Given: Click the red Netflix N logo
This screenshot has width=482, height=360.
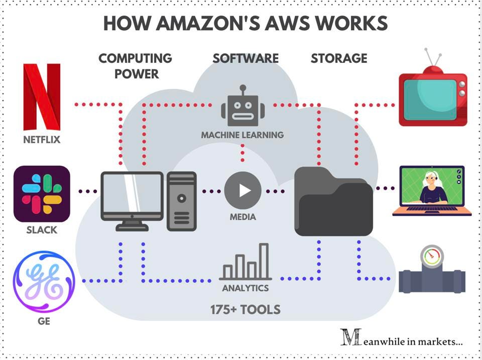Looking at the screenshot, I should point(42,97).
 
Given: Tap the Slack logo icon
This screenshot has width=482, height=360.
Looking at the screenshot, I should point(42,194).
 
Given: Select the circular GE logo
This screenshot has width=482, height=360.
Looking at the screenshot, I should point(44,282).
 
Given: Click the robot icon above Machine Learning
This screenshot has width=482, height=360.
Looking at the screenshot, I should point(243,107).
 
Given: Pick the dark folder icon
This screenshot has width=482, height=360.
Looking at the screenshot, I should point(333,202).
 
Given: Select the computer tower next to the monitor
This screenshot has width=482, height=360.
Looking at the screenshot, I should point(181,201).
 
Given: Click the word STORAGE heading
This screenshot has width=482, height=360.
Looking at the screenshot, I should point(339,58).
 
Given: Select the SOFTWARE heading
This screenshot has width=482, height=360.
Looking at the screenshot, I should point(246,58).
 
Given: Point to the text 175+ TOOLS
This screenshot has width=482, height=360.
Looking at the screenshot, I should point(245,309).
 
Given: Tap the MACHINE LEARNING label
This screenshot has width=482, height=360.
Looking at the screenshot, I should point(243,135).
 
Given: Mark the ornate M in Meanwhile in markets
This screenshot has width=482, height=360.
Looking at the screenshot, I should point(350,337).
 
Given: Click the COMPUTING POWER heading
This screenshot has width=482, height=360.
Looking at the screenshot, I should point(136,66).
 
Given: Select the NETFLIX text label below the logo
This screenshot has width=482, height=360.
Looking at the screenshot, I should point(42,140).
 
